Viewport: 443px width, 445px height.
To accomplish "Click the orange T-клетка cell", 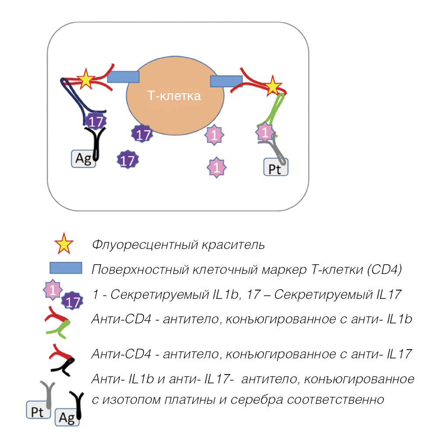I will [175, 100].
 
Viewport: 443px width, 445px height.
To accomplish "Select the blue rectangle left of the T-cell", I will [123, 77].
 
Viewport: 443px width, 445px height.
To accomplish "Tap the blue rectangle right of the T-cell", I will [226, 81].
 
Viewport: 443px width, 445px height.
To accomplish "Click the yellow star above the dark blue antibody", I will [85, 80].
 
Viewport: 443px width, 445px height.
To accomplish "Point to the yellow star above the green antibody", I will [273, 86].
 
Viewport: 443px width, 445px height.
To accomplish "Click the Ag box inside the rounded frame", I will [83, 159].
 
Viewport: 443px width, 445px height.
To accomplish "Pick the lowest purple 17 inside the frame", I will [127, 160].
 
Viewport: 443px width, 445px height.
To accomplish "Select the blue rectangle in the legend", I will [66, 268].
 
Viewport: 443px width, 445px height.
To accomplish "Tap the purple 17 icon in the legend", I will [73, 301].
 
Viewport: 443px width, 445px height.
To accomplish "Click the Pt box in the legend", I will [38, 412].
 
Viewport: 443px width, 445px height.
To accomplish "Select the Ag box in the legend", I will [67, 418].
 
